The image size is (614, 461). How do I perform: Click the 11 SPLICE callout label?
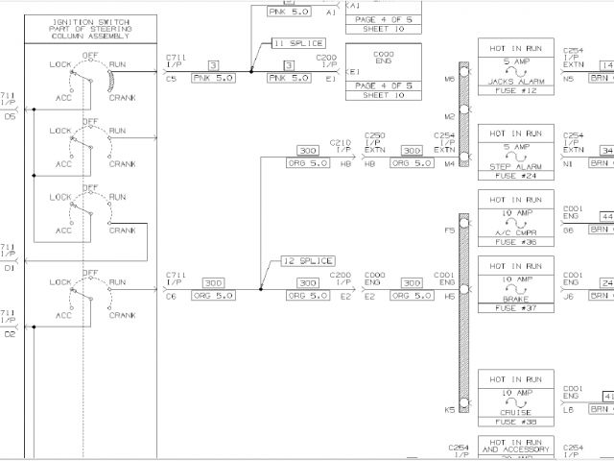[298, 43]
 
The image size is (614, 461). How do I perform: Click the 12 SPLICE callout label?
[307, 261]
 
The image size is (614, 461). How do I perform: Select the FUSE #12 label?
[515, 90]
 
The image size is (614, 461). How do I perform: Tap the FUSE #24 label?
[515, 177]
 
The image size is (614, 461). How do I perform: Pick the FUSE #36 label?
[515, 242]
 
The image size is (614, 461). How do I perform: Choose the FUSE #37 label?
[515, 308]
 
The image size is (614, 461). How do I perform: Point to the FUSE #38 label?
[515, 422]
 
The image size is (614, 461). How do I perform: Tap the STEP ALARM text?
[515, 166]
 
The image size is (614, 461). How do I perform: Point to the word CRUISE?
[515, 411]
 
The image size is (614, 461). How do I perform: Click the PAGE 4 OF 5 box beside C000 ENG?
[383, 85]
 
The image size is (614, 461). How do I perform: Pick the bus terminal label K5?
[449, 410]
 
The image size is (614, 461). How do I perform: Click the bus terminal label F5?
[449, 230]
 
